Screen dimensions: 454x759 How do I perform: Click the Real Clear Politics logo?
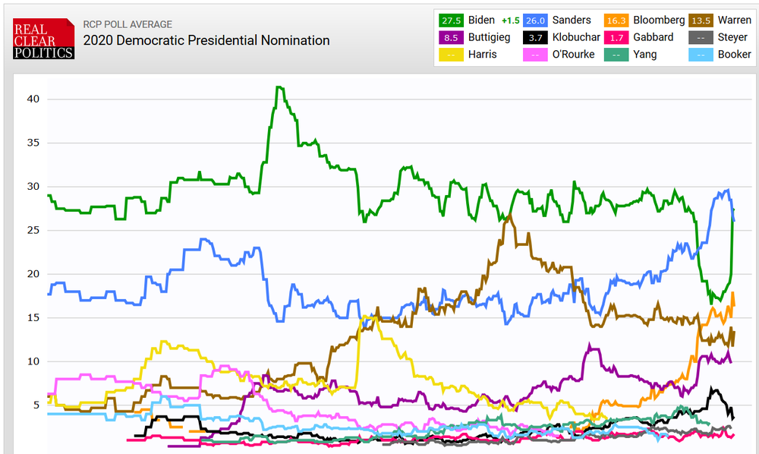coord(43,39)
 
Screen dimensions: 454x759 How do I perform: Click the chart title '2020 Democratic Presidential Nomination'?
coord(206,40)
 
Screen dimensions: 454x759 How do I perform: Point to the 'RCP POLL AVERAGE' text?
coord(128,24)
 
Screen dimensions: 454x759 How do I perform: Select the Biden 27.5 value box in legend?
coord(452,20)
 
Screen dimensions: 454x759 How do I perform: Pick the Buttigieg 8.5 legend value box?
coord(452,37)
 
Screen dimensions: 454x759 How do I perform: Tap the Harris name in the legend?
coord(483,54)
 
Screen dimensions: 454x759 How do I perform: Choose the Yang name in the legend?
coord(645,54)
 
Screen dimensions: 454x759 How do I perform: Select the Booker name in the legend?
coord(734,54)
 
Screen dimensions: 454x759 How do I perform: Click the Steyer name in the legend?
coord(732,37)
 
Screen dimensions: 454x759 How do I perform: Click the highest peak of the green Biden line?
coord(279,87)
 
